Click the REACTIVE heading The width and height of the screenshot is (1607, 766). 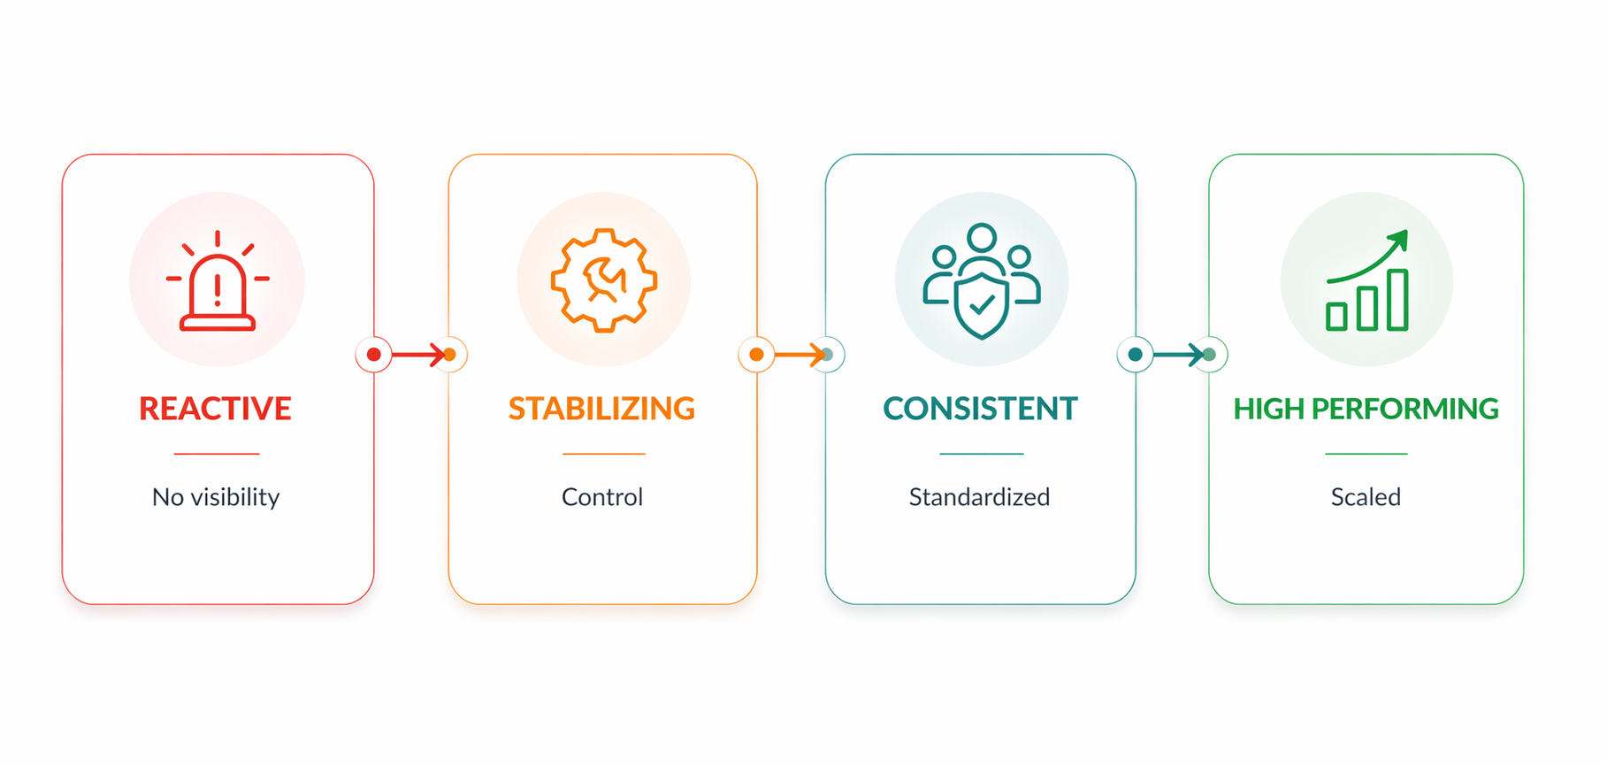(215, 409)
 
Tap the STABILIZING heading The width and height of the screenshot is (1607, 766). (601, 409)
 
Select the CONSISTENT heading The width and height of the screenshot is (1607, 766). (980, 409)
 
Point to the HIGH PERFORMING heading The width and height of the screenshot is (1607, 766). (1366, 409)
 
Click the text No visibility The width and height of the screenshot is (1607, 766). (216, 497)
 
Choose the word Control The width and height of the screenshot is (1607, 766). (602, 497)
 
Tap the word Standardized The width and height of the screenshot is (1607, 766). (979, 497)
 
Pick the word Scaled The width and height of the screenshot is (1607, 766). (1366, 497)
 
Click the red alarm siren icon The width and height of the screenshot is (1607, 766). (218, 280)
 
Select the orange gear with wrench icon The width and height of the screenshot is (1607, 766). (604, 280)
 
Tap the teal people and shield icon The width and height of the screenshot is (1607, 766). (982, 281)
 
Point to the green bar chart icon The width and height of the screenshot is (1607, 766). (1366, 280)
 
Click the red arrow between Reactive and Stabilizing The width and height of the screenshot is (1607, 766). (419, 355)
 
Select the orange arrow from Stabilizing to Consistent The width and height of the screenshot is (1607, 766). (800, 355)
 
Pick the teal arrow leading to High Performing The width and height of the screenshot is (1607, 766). (1179, 355)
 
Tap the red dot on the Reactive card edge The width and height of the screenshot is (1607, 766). (374, 355)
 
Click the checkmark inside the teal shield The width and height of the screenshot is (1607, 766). (982, 305)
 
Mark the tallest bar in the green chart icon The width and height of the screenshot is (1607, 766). (1397, 300)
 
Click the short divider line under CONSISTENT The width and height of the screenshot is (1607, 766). (982, 454)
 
